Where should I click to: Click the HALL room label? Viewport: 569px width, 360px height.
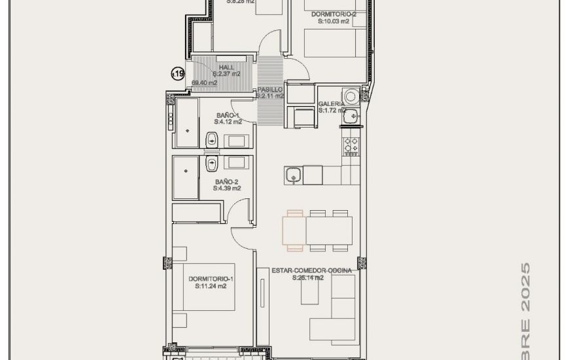226,67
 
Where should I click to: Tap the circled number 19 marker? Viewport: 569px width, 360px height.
177,74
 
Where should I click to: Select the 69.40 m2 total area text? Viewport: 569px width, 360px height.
204,83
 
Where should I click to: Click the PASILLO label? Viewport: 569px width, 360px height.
269,89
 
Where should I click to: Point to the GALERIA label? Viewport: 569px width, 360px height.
332,104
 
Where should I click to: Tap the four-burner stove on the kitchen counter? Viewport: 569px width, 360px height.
351,144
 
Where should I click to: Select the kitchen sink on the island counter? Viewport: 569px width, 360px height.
294,175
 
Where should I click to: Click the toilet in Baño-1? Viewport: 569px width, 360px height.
212,139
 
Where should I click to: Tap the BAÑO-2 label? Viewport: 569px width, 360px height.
226,181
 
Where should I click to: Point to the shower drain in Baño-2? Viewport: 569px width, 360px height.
186,171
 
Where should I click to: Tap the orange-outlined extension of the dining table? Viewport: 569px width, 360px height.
294,230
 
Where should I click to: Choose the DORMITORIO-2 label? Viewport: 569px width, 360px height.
334,14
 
